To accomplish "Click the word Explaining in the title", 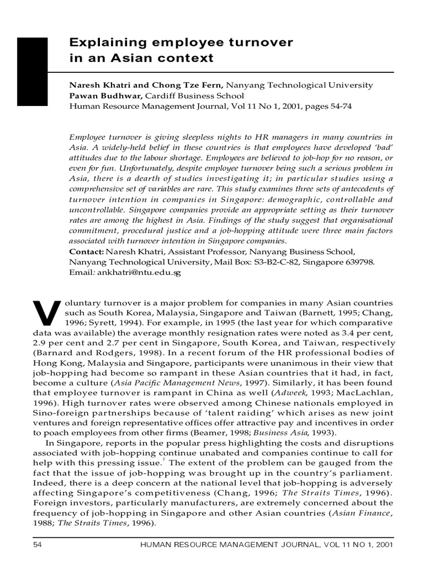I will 102,42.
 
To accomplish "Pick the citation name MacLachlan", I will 365,392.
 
